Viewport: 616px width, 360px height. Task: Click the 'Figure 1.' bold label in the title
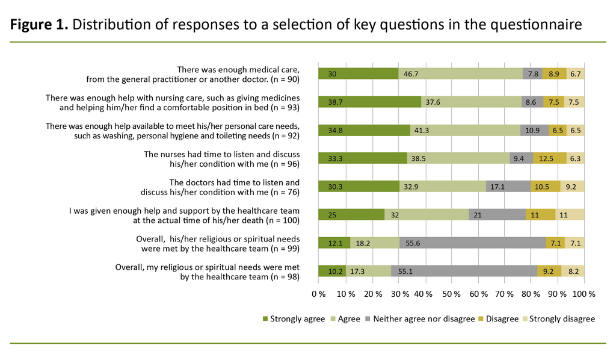tap(38, 25)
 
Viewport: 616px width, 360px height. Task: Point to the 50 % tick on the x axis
tap(451, 294)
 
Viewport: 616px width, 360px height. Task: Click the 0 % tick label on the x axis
tap(318, 294)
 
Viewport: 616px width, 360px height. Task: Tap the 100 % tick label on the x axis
tap(584, 294)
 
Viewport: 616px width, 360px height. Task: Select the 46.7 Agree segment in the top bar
tap(461, 74)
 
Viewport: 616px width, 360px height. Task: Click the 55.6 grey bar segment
tap(472, 243)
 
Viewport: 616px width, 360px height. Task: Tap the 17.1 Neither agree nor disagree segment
tap(508, 187)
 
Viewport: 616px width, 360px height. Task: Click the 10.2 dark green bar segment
tap(331, 271)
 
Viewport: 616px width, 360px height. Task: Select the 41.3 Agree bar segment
tap(465, 130)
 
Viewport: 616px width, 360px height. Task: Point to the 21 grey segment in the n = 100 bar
tap(497, 214)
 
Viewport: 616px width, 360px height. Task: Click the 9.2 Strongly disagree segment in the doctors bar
tap(572, 187)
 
